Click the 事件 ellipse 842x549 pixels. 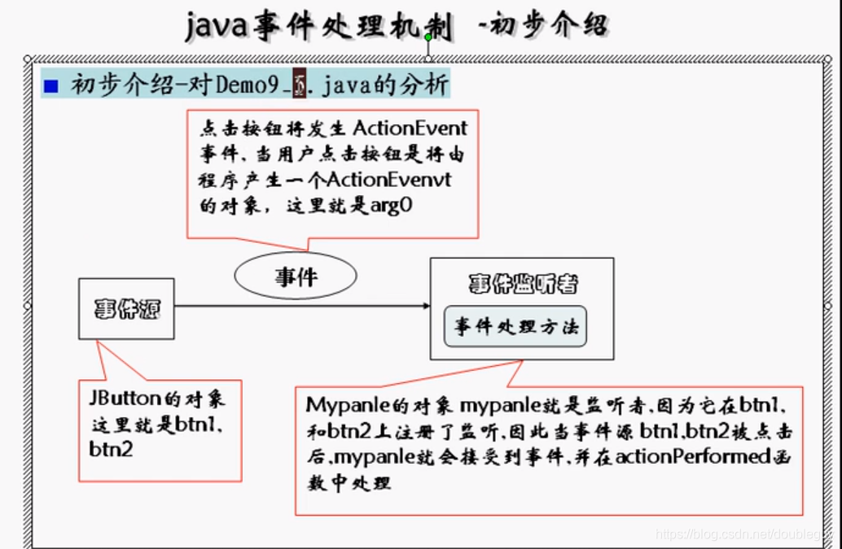296,277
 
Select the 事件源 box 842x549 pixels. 126,308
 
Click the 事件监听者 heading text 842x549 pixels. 523,284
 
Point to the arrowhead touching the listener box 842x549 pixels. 425,306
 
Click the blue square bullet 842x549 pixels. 51,85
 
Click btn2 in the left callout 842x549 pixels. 112,449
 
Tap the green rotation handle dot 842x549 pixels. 428,37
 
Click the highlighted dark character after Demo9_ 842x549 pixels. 299,85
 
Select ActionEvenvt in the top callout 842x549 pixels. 406,180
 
